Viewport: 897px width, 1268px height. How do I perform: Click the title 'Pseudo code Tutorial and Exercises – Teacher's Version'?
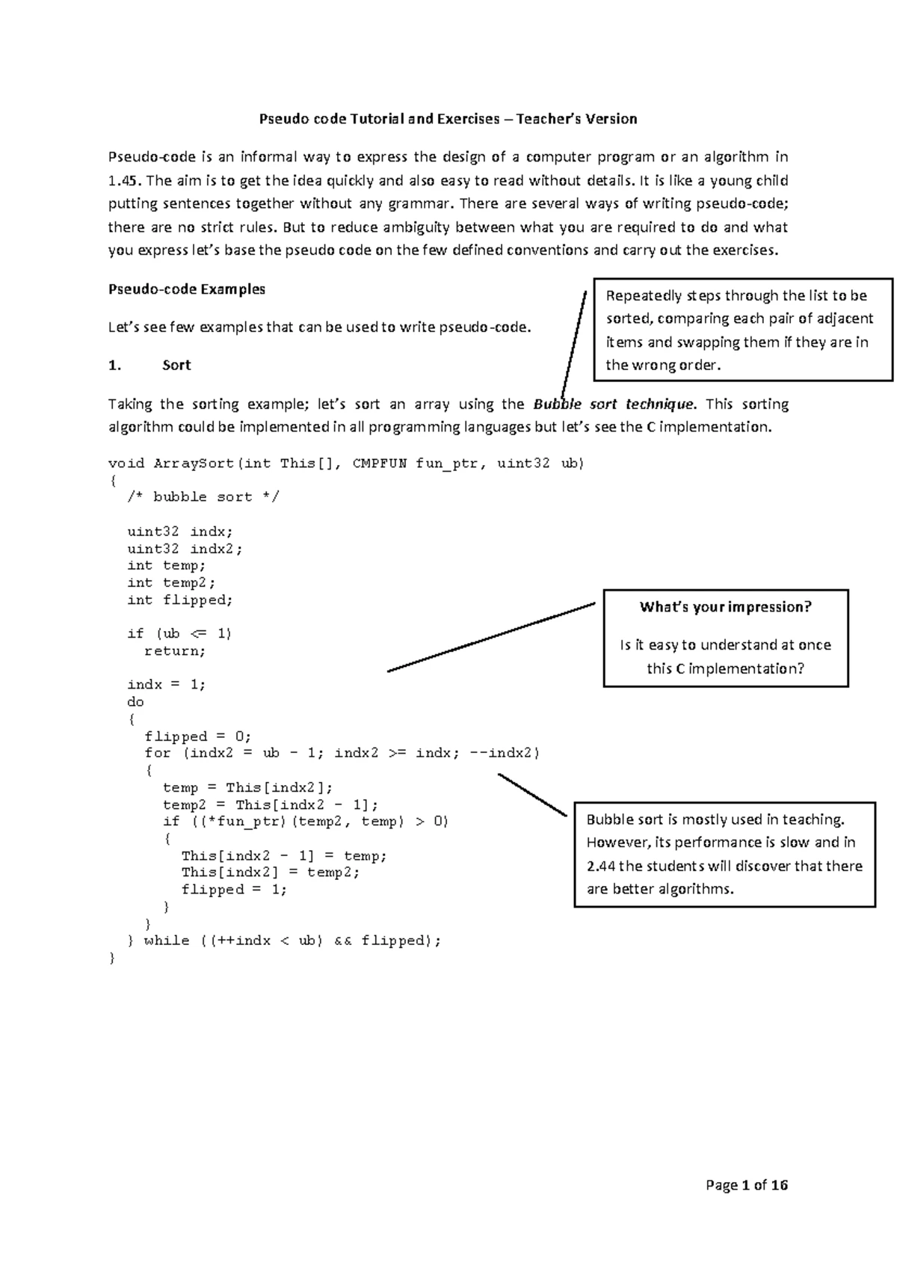click(x=448, y=119)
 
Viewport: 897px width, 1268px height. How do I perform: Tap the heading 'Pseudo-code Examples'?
click(x=187, y=289)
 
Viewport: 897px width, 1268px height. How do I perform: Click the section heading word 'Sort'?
click(x=176, y=365)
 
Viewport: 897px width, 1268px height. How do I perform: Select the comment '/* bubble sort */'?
click(x=203, y=497)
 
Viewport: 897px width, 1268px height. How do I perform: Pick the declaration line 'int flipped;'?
click(x=180, y=600)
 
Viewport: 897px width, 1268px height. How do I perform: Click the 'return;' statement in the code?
click(x=175, y=651)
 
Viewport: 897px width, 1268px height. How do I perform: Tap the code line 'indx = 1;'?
click(x=166, y=685)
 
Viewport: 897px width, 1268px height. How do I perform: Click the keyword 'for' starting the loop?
click(x=158, y=753)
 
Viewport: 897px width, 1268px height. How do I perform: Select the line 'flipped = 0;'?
click(x=198, y=736)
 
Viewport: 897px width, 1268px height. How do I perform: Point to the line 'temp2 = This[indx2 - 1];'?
click(x=271, y=805)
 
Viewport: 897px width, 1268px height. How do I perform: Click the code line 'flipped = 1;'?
click(x=234, y=890)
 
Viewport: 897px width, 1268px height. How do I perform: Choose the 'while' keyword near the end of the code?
click(x=167, y=941)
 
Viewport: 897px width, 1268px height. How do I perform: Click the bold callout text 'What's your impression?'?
click(x=725, y=607)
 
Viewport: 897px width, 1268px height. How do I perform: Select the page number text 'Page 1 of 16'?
click(x=747, y=1185)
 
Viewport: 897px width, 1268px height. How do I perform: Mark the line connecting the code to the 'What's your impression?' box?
click(x=491, y=637)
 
